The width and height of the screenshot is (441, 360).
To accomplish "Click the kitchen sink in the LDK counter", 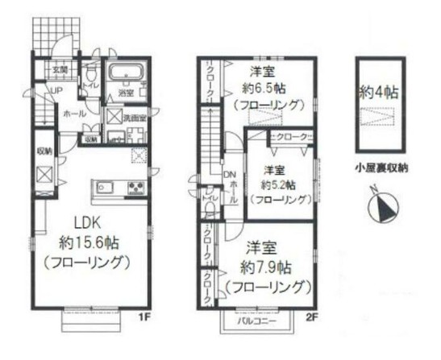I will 107,189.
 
